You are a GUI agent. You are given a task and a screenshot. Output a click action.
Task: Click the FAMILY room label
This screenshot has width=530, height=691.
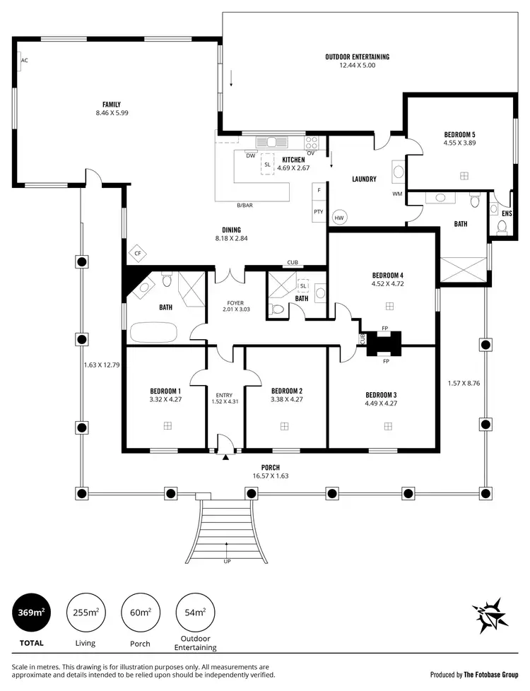pyautogui.click(x=112, y=105)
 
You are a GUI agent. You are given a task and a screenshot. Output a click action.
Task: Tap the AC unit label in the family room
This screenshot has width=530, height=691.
pyautogui.click(x=24, y=61)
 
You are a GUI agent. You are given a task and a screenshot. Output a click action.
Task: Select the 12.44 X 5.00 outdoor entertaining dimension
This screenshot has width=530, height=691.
pyautogui.click(x=357, y=65)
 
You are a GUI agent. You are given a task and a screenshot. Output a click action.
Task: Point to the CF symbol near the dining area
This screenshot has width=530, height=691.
pyautogui.click(x=138, y=253)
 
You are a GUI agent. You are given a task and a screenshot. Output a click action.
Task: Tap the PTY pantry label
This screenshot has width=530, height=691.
pyautogui.click(x=319, y=211)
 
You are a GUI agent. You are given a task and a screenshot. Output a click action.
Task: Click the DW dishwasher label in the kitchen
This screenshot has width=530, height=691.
pyautogui.click(x=250, y=155)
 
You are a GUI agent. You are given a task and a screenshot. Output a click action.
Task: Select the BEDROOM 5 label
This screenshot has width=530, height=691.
pyautogui.click(x=459, y=134)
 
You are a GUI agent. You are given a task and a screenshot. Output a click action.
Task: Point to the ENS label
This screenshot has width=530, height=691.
pyautogui.click(x=507, y=213)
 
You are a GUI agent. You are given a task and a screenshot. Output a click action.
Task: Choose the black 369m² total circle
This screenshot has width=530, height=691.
pyautogui.click(x=31, y=612)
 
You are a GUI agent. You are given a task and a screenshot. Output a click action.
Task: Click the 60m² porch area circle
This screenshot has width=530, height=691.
pyautogui.click(x=139, y=612)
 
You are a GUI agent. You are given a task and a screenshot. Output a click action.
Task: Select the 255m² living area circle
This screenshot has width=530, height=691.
pyautogui.click(x=86, y=612)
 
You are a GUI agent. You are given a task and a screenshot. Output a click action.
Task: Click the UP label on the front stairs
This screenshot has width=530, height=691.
pyautogui.click(x=227, y=562)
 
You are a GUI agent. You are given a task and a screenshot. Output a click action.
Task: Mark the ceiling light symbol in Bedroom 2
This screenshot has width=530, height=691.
pyautogui.click(x=284, y=426)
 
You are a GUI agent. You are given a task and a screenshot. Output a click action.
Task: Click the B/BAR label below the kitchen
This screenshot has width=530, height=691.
pyautogui.click(x=245, y=206)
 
